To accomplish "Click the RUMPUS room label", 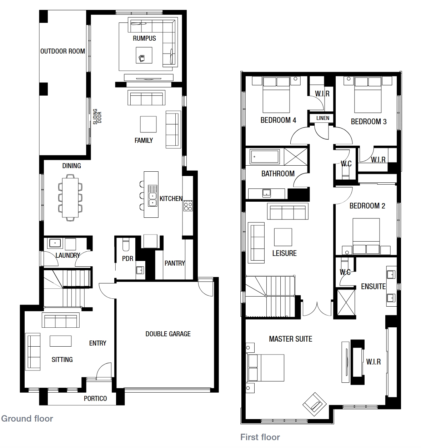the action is coord(144,38).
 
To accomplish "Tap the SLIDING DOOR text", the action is coord(97,116).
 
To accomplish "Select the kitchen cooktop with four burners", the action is coord(188,205).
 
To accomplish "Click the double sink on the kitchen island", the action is coord(152,196).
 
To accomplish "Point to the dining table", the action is coord(70,198).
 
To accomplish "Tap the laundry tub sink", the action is coord(54,243).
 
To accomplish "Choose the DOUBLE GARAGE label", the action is coord(168,334).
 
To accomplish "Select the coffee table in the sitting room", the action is coord(60,341).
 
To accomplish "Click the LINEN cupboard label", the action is coord(322,118).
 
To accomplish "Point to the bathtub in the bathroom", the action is coord(265,157).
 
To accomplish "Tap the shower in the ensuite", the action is coord(346,302).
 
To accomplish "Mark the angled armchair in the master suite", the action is coord(315,404).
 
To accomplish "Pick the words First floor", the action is coord(260,437).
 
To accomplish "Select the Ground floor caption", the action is coord(27,419).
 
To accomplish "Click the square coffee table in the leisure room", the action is coord(283,237).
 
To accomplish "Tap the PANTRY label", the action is coord(175,263).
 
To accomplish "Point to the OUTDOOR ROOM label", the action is coord(62,51).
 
